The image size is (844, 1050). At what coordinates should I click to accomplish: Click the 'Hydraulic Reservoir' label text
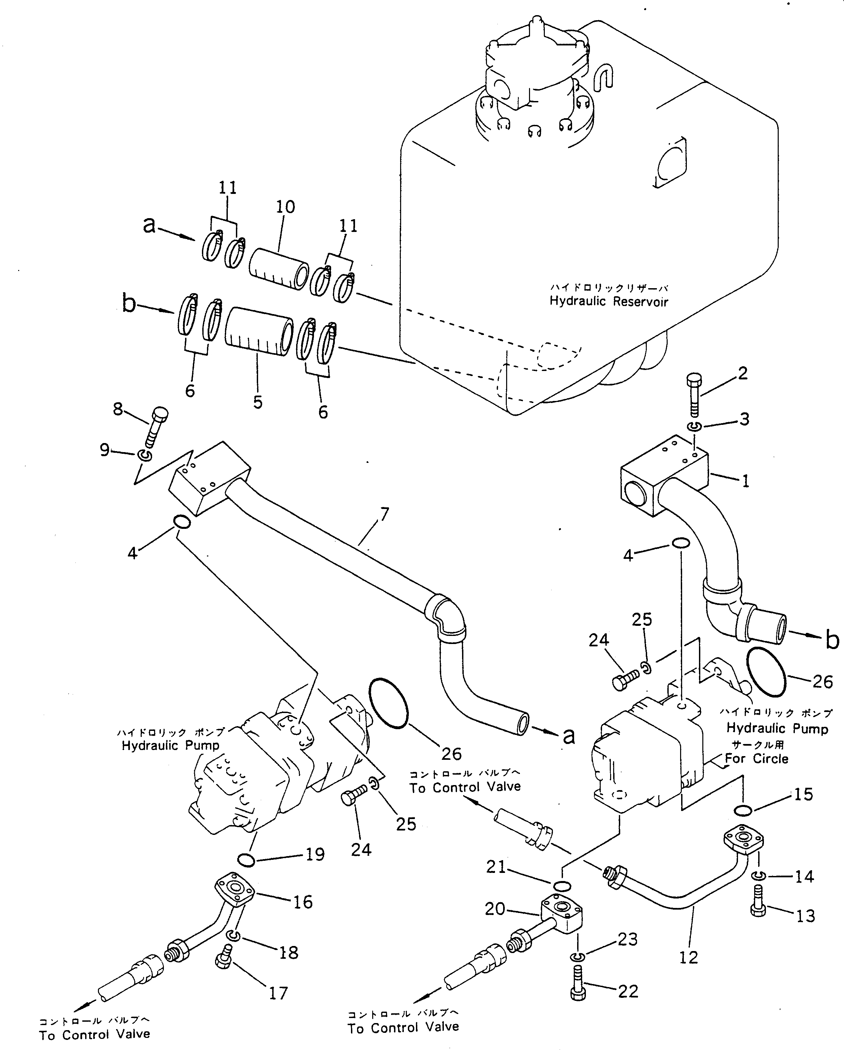click(x=609, y=301)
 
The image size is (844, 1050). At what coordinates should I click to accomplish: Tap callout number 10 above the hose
click(x=285, y=207)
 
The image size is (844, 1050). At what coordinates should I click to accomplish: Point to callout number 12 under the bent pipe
click(x=688, y=957)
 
